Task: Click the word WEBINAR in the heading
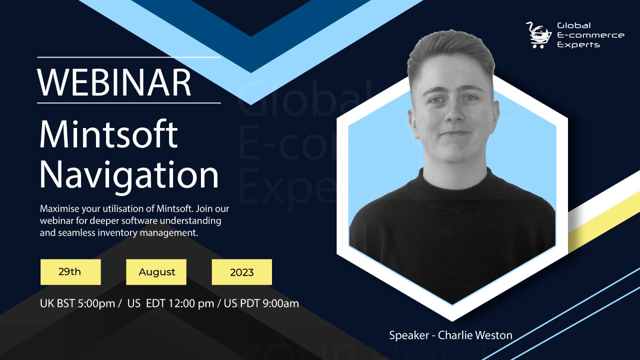114,82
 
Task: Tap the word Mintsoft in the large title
108,134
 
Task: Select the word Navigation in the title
129,175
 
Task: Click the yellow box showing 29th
70,272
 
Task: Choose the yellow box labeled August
156,272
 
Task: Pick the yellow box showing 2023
241,272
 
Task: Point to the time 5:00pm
96,303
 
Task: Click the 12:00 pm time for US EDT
191,303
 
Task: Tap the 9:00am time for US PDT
280,303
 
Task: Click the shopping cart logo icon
539,35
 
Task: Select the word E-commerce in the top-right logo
590,35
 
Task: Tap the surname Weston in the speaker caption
494,335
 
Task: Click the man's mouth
455,133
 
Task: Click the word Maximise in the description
59,208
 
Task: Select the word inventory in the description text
117,233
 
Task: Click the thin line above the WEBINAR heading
129,57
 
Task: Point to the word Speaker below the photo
409,335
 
